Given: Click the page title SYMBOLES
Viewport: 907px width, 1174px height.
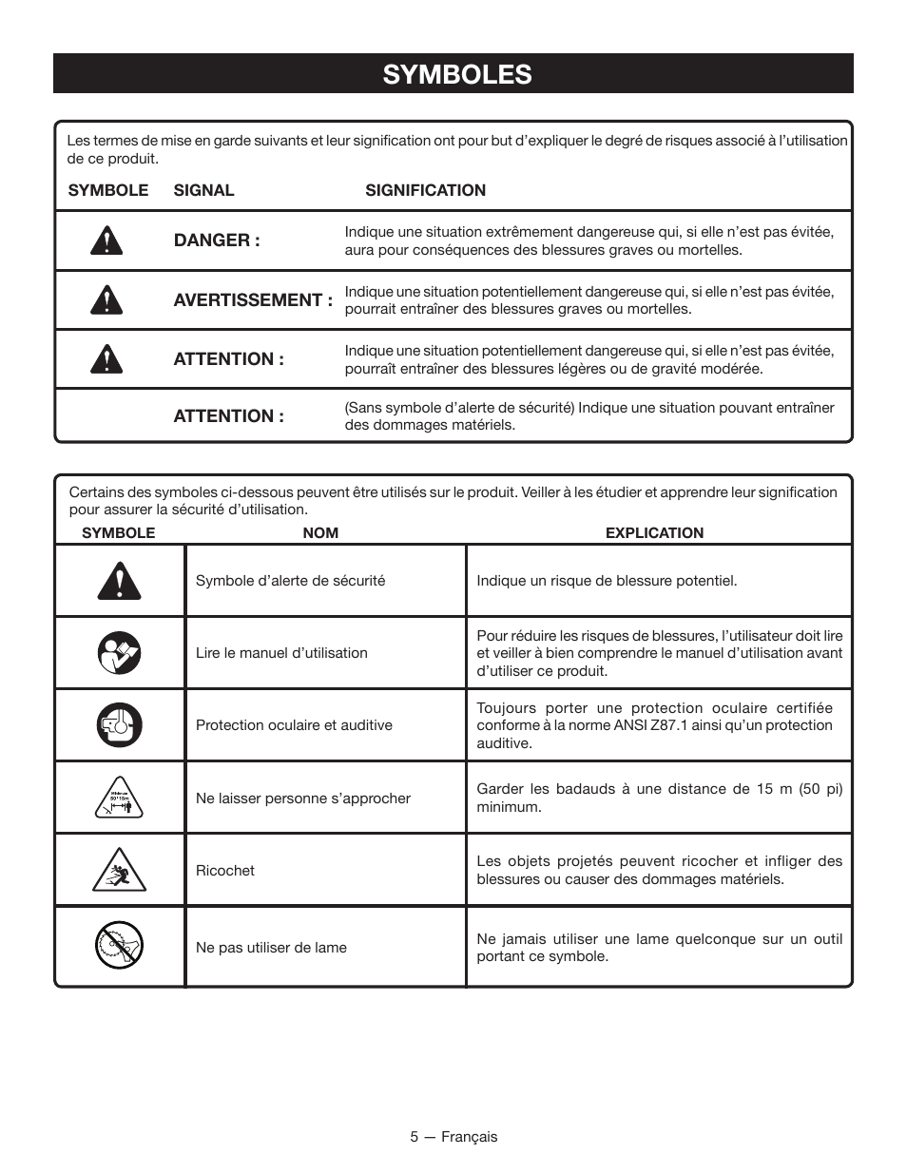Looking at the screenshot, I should (457, 74).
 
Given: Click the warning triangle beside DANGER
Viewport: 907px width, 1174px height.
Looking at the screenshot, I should (106, 241).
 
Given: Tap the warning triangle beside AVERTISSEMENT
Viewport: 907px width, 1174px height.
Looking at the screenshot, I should (106, 300).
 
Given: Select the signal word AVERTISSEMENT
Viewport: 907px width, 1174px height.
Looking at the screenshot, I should (252, 300).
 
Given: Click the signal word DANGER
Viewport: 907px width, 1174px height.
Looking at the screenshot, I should (216, 241).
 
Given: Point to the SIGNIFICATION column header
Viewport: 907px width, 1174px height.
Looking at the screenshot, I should (425, 190).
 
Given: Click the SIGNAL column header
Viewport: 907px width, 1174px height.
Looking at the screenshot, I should (203, 190).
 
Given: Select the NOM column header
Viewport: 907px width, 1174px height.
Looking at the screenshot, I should (320, 533).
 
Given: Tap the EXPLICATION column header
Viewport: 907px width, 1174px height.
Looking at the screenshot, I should (654, 533).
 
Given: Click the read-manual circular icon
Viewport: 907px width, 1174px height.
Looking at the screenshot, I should (119, 653).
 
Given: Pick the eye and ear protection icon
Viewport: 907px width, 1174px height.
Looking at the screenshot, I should (119, 725).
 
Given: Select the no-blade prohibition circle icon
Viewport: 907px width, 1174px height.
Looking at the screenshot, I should (119, 946).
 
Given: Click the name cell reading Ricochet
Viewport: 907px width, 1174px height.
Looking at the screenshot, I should (225, 871).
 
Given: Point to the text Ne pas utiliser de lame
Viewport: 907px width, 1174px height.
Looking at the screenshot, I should (271, 948).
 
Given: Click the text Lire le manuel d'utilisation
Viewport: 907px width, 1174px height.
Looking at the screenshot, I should (281, 653).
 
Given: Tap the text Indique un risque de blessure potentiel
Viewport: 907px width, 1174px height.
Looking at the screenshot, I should (607, 581).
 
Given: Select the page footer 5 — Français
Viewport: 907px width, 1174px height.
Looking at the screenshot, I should (453, 1137).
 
